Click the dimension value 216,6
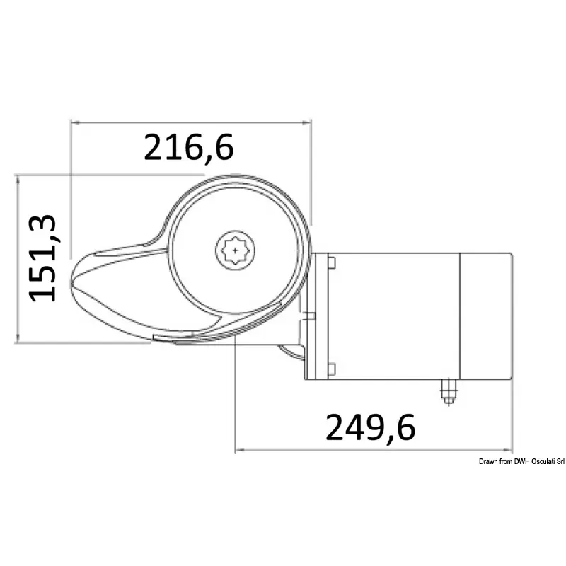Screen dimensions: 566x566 click(x=189, y=148)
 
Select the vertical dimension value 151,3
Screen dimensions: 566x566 click(x=42, y=258)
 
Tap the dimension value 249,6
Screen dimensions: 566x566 click(x=370, y=428)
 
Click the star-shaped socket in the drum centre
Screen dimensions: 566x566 click(x=236, y=250)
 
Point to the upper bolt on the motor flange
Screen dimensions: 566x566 click(x=331, y=262)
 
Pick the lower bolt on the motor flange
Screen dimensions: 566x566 click(x=331, y=369)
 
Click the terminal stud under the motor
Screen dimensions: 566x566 click(x=449, y=392)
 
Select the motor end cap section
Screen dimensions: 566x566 click(x=486, y=316)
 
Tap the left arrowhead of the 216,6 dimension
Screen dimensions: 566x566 click(x=76, y=122)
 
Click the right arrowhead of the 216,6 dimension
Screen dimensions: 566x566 click(x=306, y=122)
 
